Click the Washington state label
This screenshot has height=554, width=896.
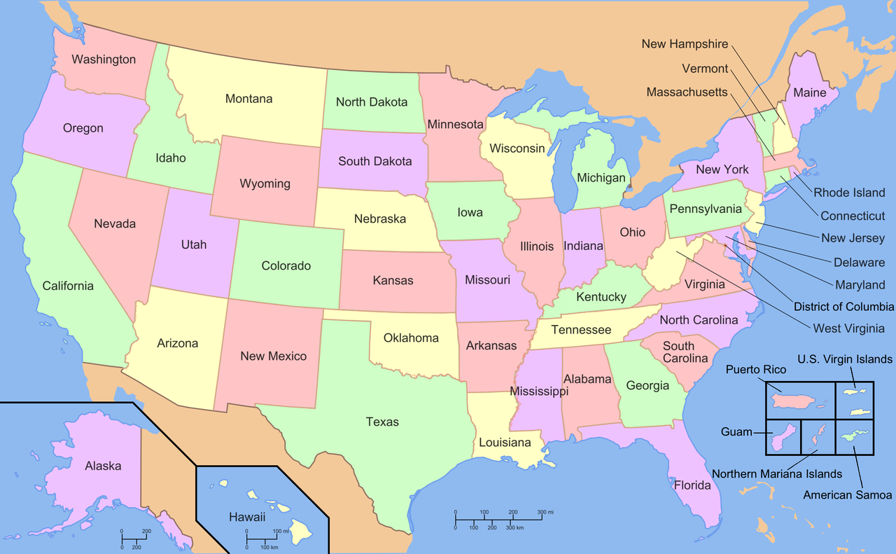tap(104, 60)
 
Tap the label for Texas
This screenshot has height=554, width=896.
tap(382, 422)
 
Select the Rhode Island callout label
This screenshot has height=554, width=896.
tap(849, 193)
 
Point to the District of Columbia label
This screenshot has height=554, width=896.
tap(843, 307)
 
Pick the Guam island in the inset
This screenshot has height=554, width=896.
tap(783, 438)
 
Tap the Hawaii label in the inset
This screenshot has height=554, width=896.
tap(247, 518)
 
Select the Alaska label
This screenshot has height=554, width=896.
tap(103, 466)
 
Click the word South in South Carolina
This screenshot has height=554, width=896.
tap(678, 346)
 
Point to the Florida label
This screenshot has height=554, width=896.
tap(692, 485)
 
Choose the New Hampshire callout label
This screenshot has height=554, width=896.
tap(685, 44)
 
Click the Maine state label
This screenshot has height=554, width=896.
tap(809, 92)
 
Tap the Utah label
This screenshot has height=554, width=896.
tap(194, 244)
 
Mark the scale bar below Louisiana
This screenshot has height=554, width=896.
tap(498, 519)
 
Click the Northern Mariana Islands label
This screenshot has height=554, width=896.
tap(777, 474)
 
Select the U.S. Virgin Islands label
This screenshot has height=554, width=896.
tap(845, 359)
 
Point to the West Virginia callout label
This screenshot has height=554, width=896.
tap(848, 328)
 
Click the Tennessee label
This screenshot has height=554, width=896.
tap(581, 330)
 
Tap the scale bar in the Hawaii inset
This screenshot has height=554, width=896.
tap(262, 539)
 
